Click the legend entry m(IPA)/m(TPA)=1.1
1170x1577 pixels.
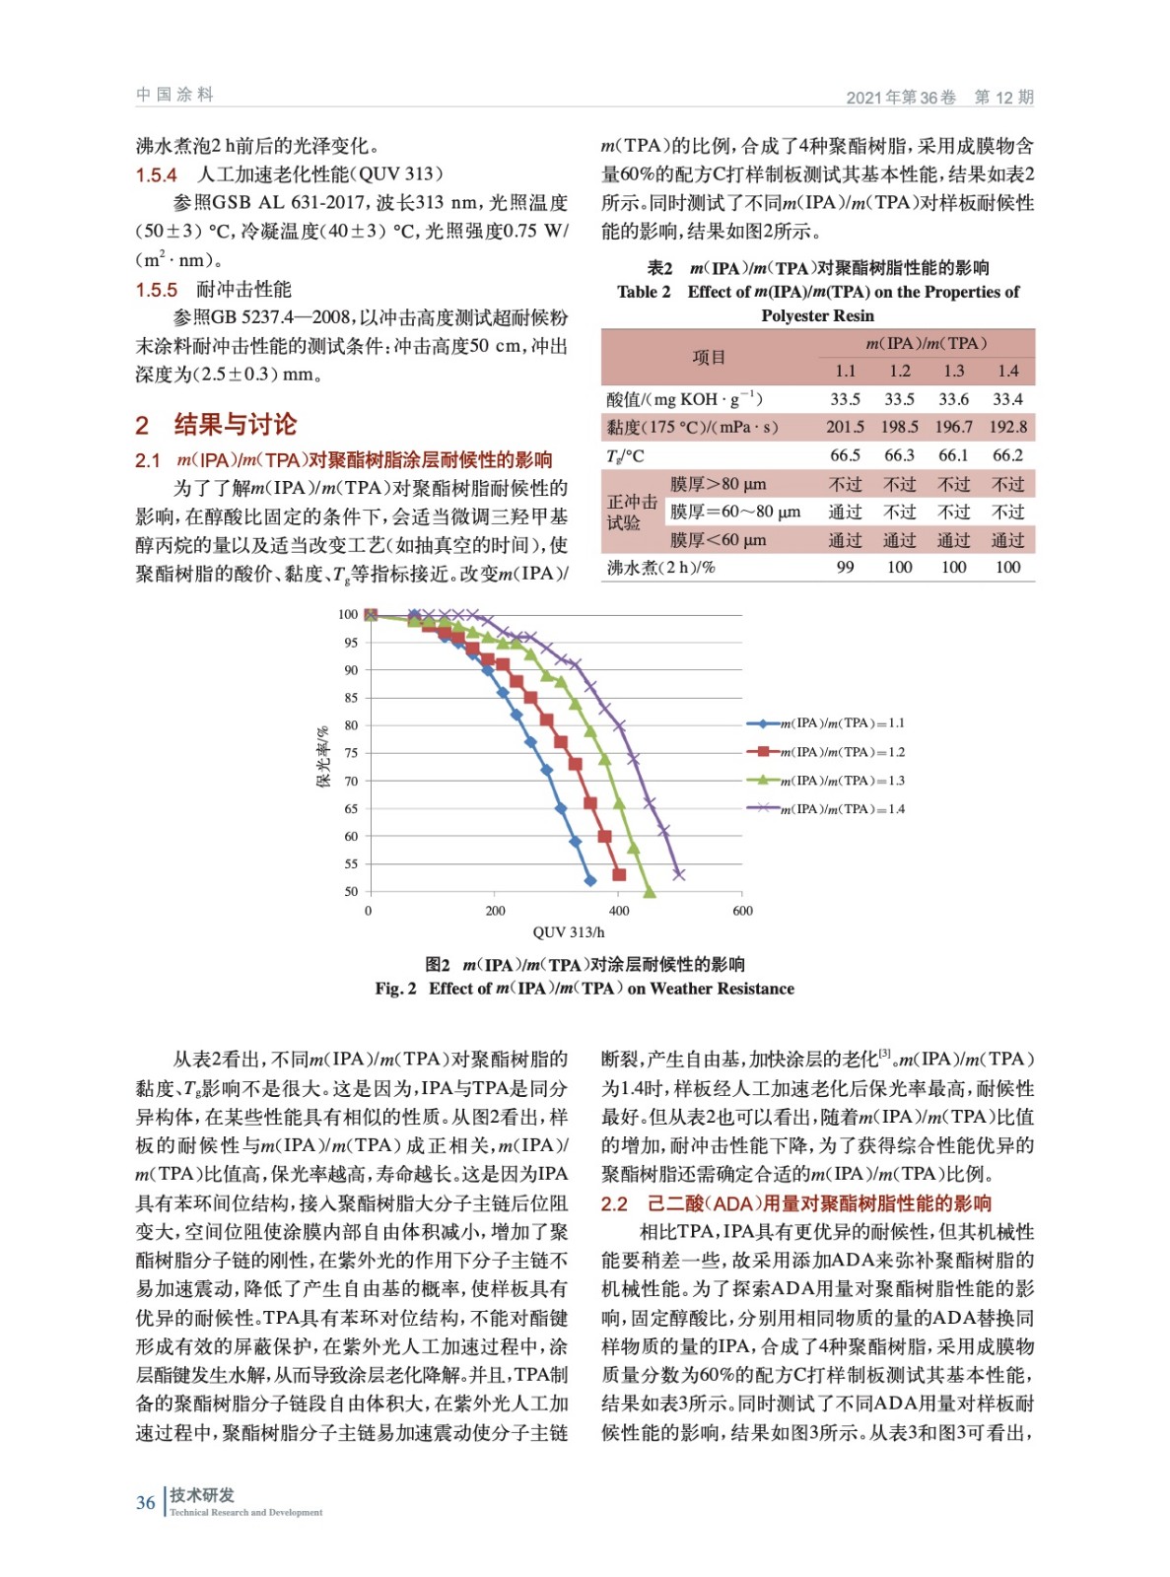pyautogui.click(x=841, y=723)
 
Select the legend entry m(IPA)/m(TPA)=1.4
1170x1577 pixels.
pyautogui.click(x=841, y=809)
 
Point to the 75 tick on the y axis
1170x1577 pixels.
pyautogui.click(x=351, y=753)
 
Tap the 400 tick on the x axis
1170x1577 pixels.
pyautogui.click(x=619, y=911)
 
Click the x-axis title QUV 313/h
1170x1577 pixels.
pyautogui.click(x=569, y=932)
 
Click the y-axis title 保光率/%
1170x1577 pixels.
pyautogui.click(x=322, y=757)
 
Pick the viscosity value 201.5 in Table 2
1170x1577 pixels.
pyautogui.click(x=845, y=427)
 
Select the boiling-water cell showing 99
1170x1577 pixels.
pyautogui.click(x=845, y=568)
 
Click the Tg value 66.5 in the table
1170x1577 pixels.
pyautogui.click(x=845, y=455)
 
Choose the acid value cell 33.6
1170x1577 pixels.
pyautogui.click(x=953, y=399)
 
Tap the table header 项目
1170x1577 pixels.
pyautogui.click(x=708, y=358)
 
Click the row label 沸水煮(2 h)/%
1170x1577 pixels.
pyautogui.click(x=660, y=568)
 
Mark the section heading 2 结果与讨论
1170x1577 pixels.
pyautogui.click(x=216, y=425)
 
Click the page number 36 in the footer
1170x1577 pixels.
pyautogui.click(x=145, y=1503)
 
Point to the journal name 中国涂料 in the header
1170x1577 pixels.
pyautogui.click(x=174, y=95)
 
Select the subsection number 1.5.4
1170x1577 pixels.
pyautogui.click(x=156, y=175)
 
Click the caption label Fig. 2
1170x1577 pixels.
pyautogui.click(x=395, y=989)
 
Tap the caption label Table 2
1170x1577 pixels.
pyautogui.click(x=644, y=292)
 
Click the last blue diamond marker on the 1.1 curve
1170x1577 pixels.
pyautogui.click(x=590, y=880)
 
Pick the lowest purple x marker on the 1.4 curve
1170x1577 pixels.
pyautogui.click(x=678, y=874)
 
